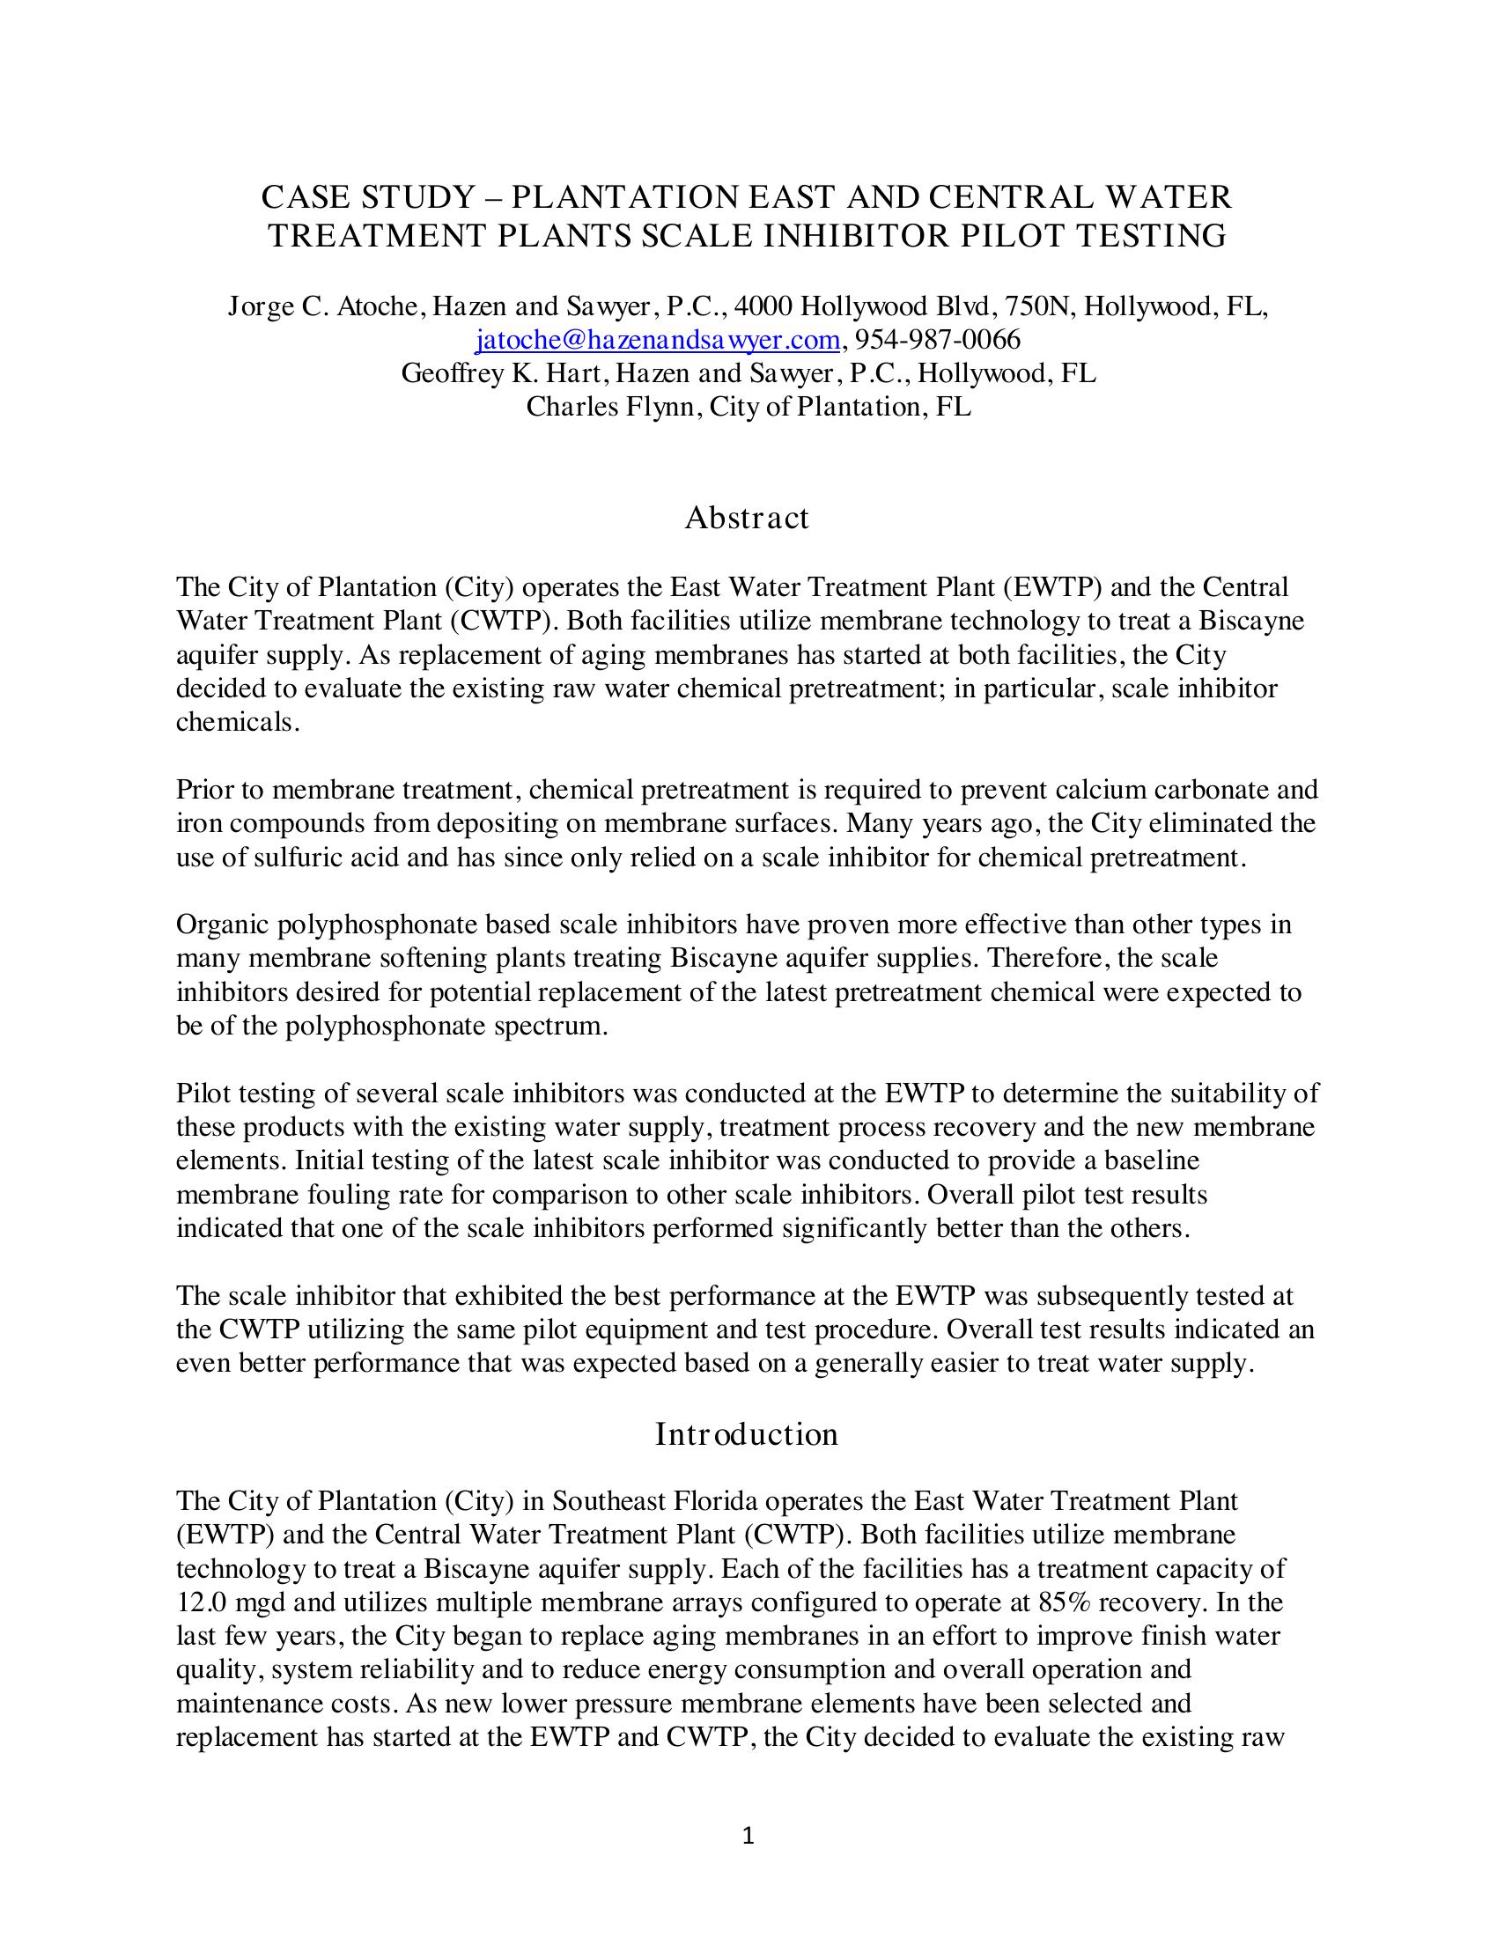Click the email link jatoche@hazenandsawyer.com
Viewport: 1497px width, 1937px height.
point(657,341)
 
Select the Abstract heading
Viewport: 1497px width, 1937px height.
point(747,518)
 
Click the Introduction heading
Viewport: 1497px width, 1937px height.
point(747,1434)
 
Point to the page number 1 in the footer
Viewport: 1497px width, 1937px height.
point(748,1836)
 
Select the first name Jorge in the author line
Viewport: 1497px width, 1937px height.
point(257,307)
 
